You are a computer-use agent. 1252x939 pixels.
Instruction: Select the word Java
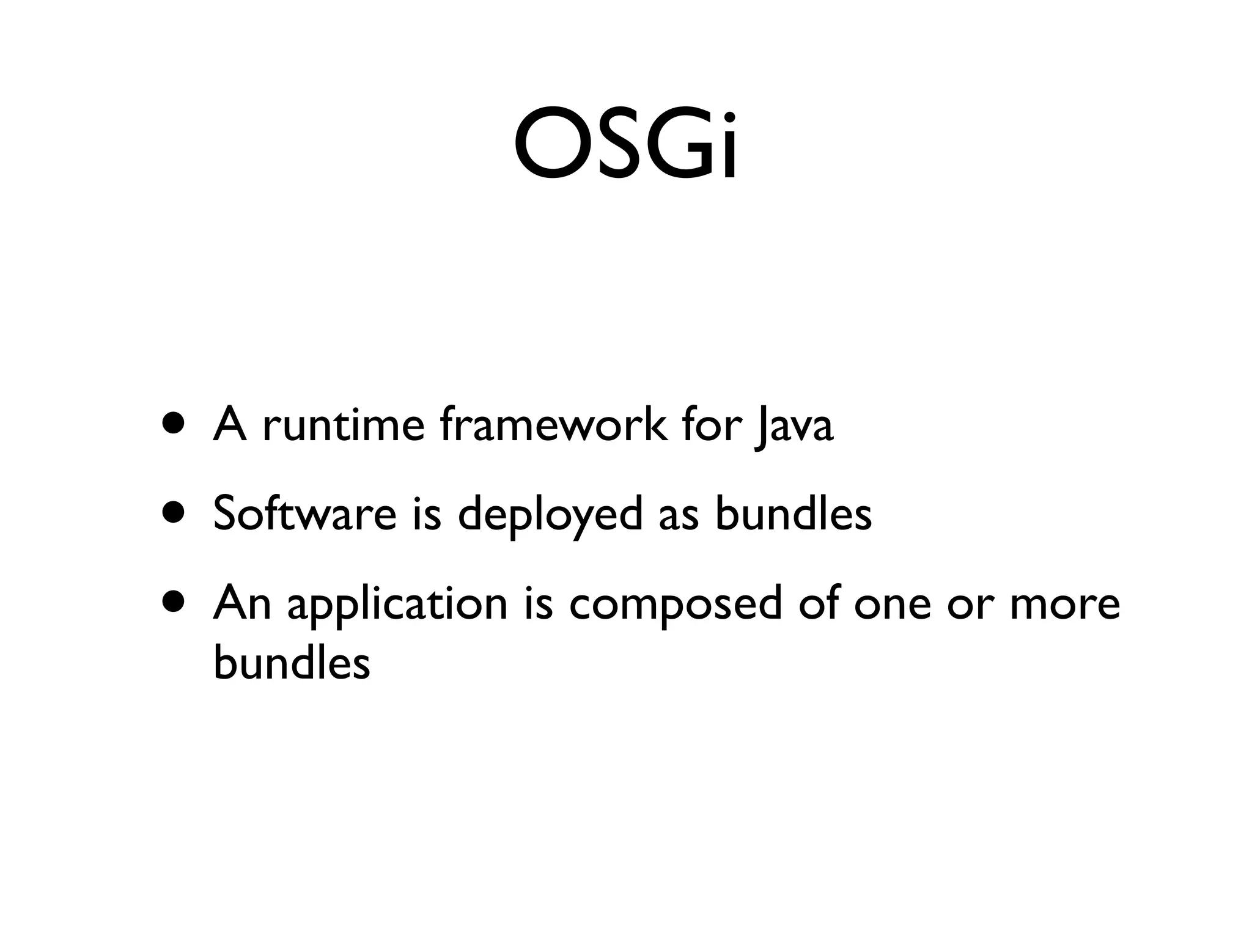pyautogui.click(x=793, y=427)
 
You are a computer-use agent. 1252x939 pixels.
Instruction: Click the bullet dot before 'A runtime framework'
pyautogui.click(x=174, y=424)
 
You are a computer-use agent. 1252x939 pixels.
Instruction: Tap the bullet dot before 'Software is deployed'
pyautogui.click(x=174, y=513)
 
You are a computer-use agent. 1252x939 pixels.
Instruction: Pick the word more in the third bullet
pyautogui.click(x=1064, y=603)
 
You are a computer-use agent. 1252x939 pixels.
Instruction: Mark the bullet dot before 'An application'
pyautogui.click(x=174, y=602)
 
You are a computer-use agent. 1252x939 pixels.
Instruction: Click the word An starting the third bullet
pyautogui.click(x=242, y=602)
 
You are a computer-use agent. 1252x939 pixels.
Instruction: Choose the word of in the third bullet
pyautogui.click(x=820, y=602)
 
